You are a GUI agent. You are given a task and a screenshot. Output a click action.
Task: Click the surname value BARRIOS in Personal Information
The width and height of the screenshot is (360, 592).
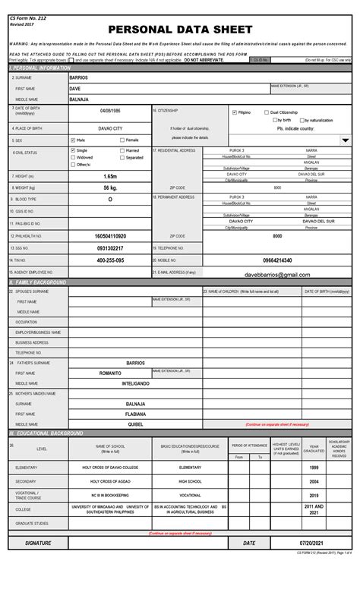click(x=78, y=78)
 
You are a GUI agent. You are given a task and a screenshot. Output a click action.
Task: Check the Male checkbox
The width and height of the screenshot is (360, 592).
click(x=73, y=140)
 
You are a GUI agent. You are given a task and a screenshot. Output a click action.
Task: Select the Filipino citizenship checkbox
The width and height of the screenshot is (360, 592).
click(x=235, y=112)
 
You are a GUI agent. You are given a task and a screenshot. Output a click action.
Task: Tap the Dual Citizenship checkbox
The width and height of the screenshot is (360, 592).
click(x=266, y=112)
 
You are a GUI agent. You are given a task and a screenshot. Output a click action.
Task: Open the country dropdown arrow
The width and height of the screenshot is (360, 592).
click(x=345, y=140)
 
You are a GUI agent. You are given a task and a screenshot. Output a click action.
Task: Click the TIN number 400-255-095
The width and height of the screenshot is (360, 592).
click(x=111, y=260)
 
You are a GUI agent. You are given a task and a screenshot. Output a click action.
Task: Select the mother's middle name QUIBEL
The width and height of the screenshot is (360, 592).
click(x=135, y=424)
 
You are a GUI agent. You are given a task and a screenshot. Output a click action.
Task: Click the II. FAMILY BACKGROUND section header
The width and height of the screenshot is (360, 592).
click(x=38, y=282)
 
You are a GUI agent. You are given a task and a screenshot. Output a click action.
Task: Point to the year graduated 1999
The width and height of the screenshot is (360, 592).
click(x=314, y=468)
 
